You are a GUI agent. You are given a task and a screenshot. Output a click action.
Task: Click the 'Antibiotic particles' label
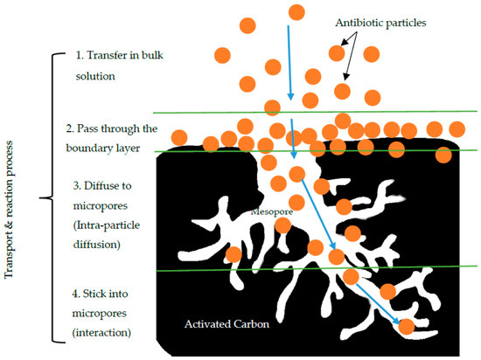coord(380,23)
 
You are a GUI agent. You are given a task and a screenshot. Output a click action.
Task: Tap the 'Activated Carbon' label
coord(227,324)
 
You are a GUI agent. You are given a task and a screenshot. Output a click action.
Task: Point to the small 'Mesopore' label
coord(272,211)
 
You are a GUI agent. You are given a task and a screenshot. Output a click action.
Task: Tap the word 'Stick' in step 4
coord(93,294)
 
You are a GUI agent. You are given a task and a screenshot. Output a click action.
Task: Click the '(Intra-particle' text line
coord(107,225)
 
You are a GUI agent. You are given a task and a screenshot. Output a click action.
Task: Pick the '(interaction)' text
coord(101,333)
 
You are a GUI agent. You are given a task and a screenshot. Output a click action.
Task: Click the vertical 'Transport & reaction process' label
coord(9,210)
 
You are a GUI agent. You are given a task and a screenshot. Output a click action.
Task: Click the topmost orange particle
coord(296,12)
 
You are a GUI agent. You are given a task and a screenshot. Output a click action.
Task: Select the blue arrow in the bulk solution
coord(289,63)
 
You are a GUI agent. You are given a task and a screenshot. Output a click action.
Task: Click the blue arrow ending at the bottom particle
coord(378,304)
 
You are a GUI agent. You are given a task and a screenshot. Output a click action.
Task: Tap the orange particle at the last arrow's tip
coord(407,327)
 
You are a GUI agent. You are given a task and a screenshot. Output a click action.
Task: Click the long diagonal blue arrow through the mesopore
coord(318,214)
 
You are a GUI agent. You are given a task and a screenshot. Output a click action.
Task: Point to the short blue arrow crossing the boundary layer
coord(293,139)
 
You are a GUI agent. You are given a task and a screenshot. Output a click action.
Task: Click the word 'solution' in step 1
coord(95,76)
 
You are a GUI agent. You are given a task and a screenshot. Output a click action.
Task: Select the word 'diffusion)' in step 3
coord(96,245)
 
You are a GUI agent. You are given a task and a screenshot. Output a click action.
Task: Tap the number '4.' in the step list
coord(76,294)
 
